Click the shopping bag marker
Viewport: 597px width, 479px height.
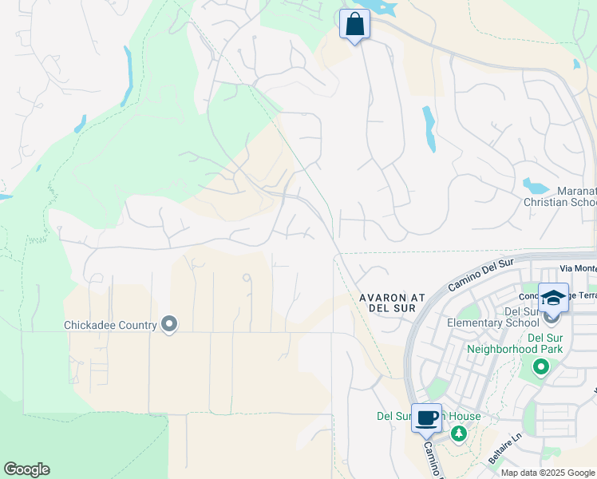pyautogui.click(x=354, y=24)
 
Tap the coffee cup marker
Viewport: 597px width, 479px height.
pyautogui.click(x=427, y=418)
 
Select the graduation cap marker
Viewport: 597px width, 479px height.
pyautogui.click(x=553, y=298)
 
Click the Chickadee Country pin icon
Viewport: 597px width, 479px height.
pyautogui.click(x=169, y=324)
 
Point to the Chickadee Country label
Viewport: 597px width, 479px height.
pyautogui.click(x=109, y=325)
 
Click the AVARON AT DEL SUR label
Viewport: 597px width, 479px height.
pyautogui.click(x=391, y=303)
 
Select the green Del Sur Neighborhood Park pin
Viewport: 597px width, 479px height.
pyautogui.click(x=541, y=367)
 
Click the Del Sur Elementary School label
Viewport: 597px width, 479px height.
pyautogui.click(x=503, y=317)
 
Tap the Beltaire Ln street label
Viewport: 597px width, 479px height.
pyautogui.click(x=500, y=455)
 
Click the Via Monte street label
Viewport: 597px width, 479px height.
pyautogui.click(x=578, y=269)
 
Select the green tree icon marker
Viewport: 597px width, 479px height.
pyautogui.click(x=459, y=433)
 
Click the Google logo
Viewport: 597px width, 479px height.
pyautogui.click(x=26, y=469)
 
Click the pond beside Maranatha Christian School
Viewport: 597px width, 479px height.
pyautogui.click(x=536, y=187)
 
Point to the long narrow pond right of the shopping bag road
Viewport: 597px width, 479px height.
pyautogui.click(x=429, y=128)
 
